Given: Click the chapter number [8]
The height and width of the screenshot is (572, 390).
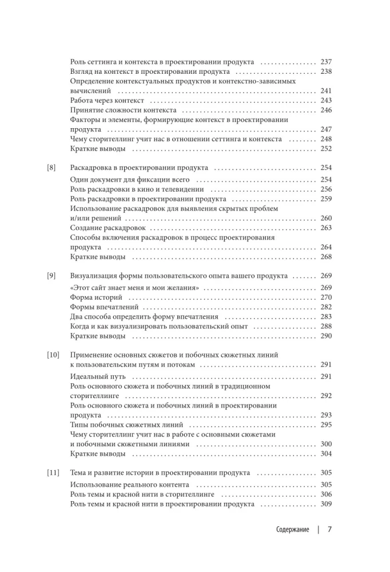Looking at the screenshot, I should pyautogui.click(x=51, y=169).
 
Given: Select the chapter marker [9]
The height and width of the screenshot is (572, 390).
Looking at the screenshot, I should pyautogui.click(x=51, y=276).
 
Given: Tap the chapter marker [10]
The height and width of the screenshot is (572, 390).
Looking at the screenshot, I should pyautogui.click(x=53, y=355).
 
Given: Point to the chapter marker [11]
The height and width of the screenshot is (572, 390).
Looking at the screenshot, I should pyautogui.click(x=53, y=474).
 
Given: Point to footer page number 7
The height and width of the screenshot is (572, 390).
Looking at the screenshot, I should pyautogui.click(x=329, y=530).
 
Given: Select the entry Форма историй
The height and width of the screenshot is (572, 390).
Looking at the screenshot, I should pyautogui.click(x=93, y=297).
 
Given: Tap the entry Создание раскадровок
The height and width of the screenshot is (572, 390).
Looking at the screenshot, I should pyautogui.click(x=106, y=228).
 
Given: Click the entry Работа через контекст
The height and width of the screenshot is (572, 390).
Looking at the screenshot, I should pyautogui.click(x=106, y=101).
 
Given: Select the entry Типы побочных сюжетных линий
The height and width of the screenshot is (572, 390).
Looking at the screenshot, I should pyautogui.click(x=126, y=425).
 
